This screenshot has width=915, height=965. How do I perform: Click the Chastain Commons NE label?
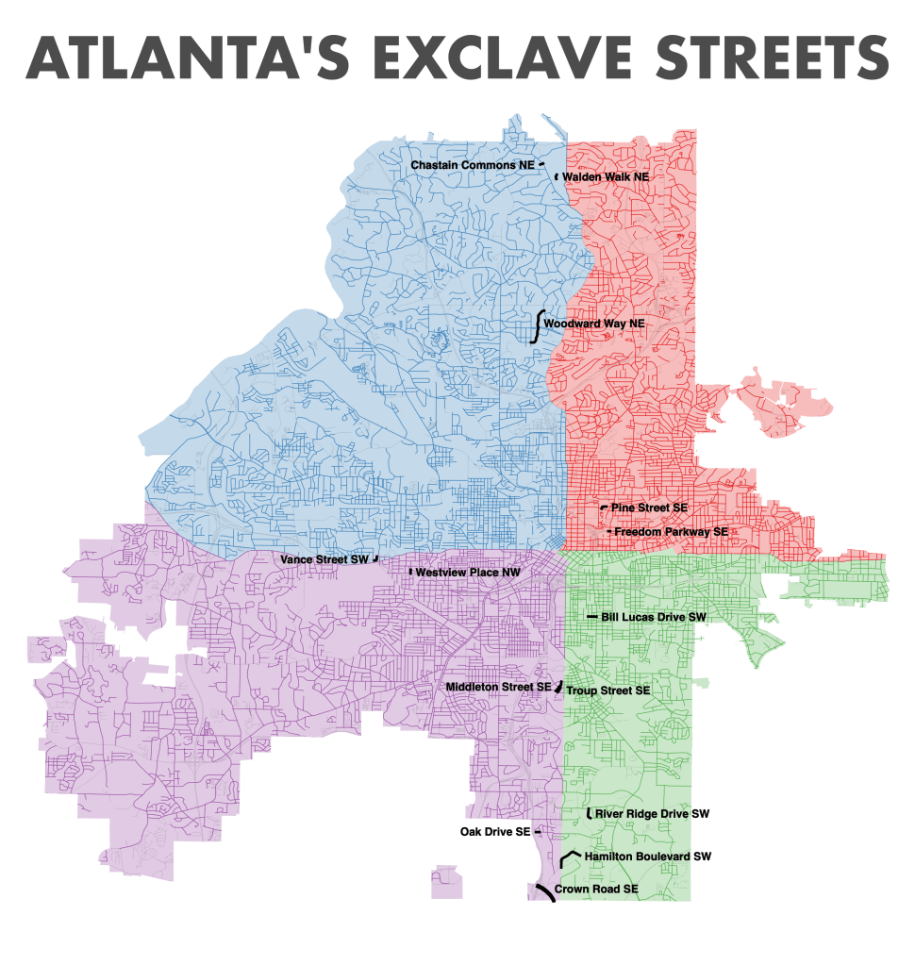point(472,165)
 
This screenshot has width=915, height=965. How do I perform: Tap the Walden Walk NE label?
point(606,176)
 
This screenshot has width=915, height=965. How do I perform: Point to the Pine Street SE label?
point(649,507)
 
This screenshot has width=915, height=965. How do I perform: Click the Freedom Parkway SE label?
point(671,532)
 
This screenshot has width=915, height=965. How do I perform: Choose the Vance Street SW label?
point(324,559)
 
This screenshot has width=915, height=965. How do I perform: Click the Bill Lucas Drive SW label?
point(654,617)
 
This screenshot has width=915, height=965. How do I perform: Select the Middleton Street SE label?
point(498,687)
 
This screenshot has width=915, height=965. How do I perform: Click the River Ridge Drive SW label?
point(652,813)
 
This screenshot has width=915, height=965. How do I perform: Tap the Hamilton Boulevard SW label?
point(647,857)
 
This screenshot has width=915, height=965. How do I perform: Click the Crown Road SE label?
point(596,890)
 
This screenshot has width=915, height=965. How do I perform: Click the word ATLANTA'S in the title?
point(180,58)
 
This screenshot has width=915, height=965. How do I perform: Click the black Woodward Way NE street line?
point(538,324)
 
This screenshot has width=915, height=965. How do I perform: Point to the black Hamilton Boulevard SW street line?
point(566,856)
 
